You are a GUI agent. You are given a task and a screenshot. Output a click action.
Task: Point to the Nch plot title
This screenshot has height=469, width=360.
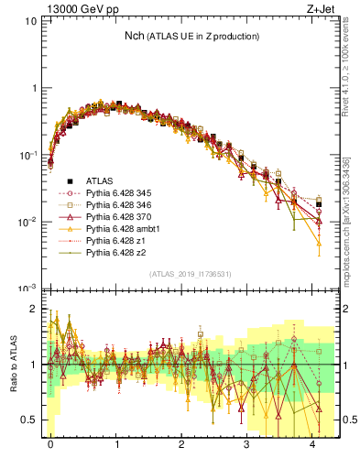[x=191, y=37]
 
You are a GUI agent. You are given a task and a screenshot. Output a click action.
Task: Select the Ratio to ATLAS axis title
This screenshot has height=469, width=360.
[x=14, y=364]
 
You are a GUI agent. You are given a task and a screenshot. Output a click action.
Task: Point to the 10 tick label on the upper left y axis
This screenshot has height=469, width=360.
[x=30, y=21]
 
